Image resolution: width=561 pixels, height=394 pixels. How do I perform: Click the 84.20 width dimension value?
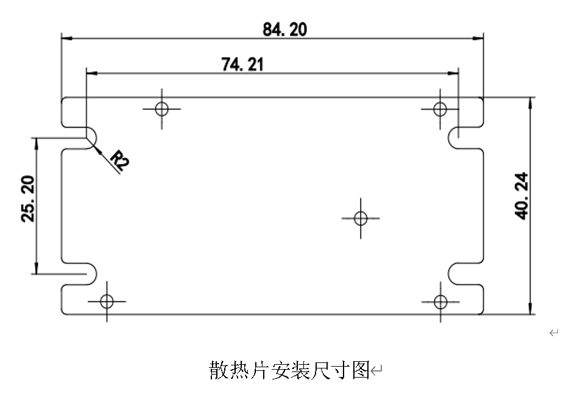(284, 29)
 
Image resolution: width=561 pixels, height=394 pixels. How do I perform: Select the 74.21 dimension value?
(243, 64)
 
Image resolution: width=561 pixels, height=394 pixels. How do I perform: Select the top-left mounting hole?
(161, 109)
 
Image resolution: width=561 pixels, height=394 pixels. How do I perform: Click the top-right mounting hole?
(440, 109)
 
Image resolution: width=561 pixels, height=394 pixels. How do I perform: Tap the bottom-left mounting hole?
(107, 301)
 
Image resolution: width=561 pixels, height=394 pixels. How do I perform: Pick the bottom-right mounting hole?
(440, 301)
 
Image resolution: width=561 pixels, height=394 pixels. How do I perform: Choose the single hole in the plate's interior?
(361, 218)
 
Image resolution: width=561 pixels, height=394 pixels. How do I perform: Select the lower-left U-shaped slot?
(80, 273)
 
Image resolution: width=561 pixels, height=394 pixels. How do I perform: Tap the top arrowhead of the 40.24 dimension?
(531, 101)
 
